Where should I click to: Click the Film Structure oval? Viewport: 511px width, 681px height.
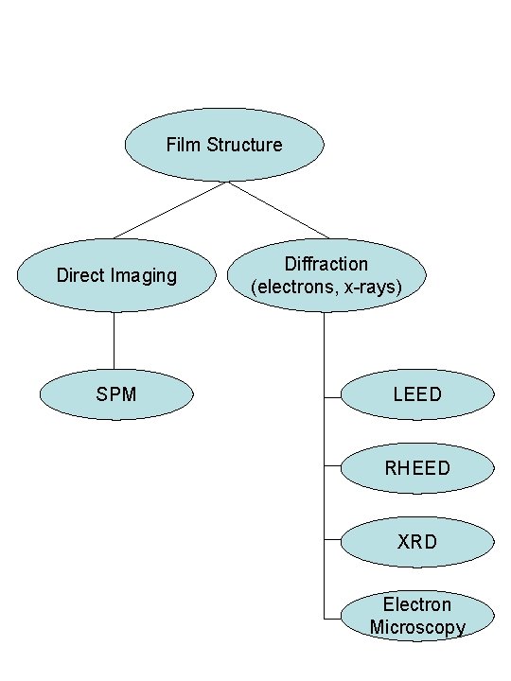224,144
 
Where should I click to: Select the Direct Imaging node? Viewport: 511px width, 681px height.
115,275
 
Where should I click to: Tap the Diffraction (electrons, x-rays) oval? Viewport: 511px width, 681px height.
326,275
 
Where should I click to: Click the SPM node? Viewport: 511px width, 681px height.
115,393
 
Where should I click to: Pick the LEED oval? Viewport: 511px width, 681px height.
416,393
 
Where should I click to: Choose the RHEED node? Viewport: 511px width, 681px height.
416,468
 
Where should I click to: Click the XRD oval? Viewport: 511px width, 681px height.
416,543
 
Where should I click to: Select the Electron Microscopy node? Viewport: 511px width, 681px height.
416,616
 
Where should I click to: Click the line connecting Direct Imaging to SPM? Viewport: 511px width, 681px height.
115,340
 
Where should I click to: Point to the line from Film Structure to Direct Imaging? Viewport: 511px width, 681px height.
170,210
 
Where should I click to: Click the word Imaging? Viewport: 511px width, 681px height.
143,276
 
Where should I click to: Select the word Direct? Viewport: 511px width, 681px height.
80,275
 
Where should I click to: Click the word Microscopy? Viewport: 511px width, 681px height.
417,627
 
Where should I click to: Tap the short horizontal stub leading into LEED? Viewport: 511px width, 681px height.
332,397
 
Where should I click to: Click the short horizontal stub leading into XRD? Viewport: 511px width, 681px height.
332,541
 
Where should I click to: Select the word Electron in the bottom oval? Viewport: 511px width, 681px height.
417,604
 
